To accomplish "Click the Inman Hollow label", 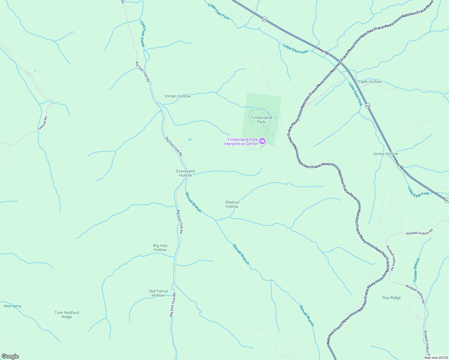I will point(178,96).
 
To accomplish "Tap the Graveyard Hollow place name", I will point(185,173).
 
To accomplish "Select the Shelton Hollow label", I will point(232,204).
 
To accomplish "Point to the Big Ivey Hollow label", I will point(160,247).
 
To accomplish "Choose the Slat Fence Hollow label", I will point(158,293).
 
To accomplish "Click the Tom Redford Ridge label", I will point(67,315).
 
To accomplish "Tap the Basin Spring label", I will point(13,306).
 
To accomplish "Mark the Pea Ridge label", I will point(391,298).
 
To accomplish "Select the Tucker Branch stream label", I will point(417,270).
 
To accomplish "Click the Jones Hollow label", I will point(385,154).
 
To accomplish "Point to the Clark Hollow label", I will point(370,82).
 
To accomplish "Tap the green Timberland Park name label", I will point(261,120).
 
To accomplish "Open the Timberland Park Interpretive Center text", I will point(240,142).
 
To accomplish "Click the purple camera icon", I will point(262,141).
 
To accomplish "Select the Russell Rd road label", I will point(43,123).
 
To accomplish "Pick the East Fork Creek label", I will point(143,34).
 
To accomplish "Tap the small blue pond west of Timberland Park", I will point(190,139).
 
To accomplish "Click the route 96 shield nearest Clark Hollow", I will point(368,106).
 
